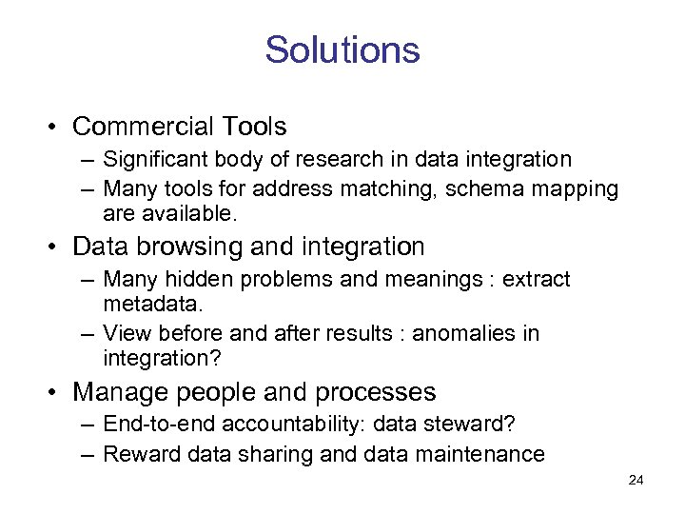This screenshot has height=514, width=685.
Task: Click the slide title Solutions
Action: coord(342,49)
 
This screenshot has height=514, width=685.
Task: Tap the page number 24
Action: coord(636,481)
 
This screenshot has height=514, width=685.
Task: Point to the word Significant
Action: coord(152,159)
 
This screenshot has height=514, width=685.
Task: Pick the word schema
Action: coord(480,188)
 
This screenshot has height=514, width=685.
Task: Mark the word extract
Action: coord(537,280)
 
